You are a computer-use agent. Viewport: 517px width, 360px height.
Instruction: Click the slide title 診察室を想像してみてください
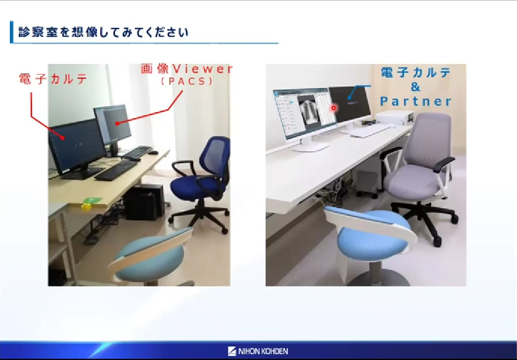103,32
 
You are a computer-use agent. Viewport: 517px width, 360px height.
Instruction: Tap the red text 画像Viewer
187,69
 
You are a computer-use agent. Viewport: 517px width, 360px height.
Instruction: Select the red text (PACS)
187,81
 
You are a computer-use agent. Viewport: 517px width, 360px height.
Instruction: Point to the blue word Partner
415,102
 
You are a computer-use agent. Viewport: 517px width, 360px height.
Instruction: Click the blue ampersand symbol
415,87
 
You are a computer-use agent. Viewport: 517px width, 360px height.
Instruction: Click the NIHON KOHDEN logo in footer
258,351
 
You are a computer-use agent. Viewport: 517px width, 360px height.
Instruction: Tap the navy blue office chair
201,183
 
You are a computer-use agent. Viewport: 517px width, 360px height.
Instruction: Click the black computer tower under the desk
144,202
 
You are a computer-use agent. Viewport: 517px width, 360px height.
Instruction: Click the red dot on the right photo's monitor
333,108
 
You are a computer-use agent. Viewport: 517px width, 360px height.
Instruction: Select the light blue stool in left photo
151,257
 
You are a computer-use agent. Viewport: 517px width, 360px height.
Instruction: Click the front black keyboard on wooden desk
116,170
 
